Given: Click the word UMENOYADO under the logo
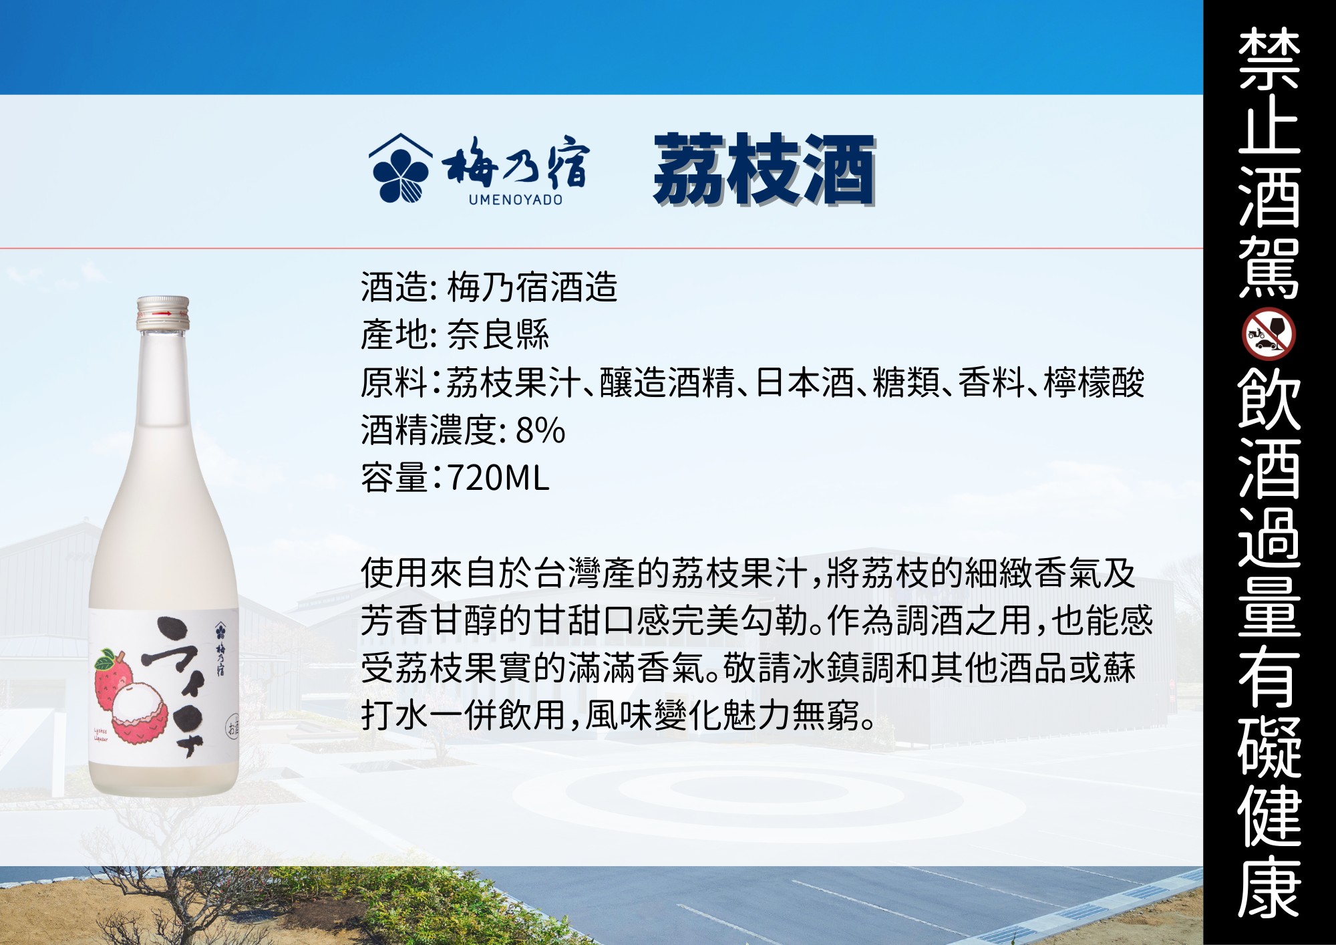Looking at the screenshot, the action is coord(516,200).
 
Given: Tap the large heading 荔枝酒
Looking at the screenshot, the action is coord(764,169).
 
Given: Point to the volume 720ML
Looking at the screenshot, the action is coord(498,478).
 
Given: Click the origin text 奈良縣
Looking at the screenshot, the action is coord(498,335).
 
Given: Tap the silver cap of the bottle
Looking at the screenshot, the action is coord(163,313).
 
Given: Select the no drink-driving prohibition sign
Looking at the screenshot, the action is coord(1269,334).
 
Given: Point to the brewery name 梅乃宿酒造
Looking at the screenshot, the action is coord(532,287).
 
